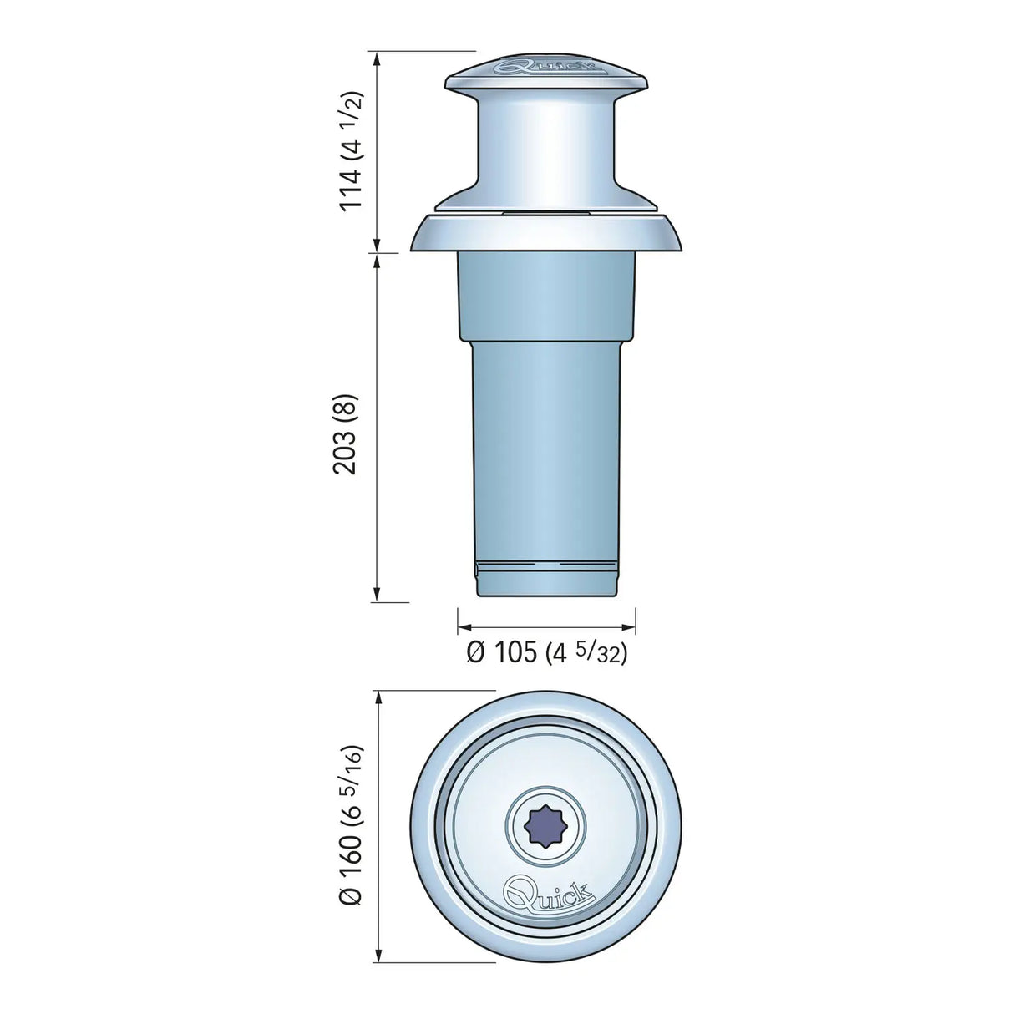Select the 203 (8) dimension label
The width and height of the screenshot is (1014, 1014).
(x=345, y=434)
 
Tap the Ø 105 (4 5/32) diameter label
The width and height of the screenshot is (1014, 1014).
(x=546, y=652)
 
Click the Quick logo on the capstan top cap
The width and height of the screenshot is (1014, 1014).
(x=547, y=65)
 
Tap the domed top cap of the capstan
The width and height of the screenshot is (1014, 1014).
(x=547, y=75)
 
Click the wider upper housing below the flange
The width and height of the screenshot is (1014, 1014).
(x=547, y=297)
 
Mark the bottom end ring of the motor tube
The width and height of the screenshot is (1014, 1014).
(x=547, y=580)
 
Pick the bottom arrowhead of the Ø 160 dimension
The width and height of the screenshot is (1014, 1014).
(x=378, y=957)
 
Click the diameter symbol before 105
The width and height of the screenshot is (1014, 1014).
(x=475, y=653)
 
